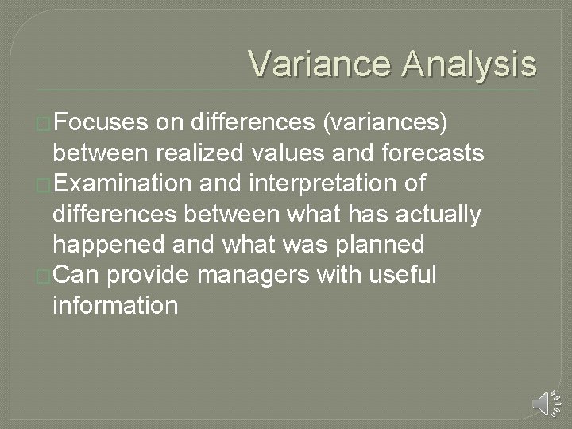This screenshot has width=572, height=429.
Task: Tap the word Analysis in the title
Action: tap(468, 63)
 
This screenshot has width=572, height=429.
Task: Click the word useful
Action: tap(406, 274)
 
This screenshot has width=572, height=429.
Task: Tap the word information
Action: tap(114, 304)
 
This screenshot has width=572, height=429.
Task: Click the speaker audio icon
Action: tap(543, 403)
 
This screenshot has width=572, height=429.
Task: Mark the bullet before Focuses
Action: tap(44, 124)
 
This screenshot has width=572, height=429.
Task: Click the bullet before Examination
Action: tap(44, 184)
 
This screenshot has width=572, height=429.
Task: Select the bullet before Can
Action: tap(44, 276)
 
